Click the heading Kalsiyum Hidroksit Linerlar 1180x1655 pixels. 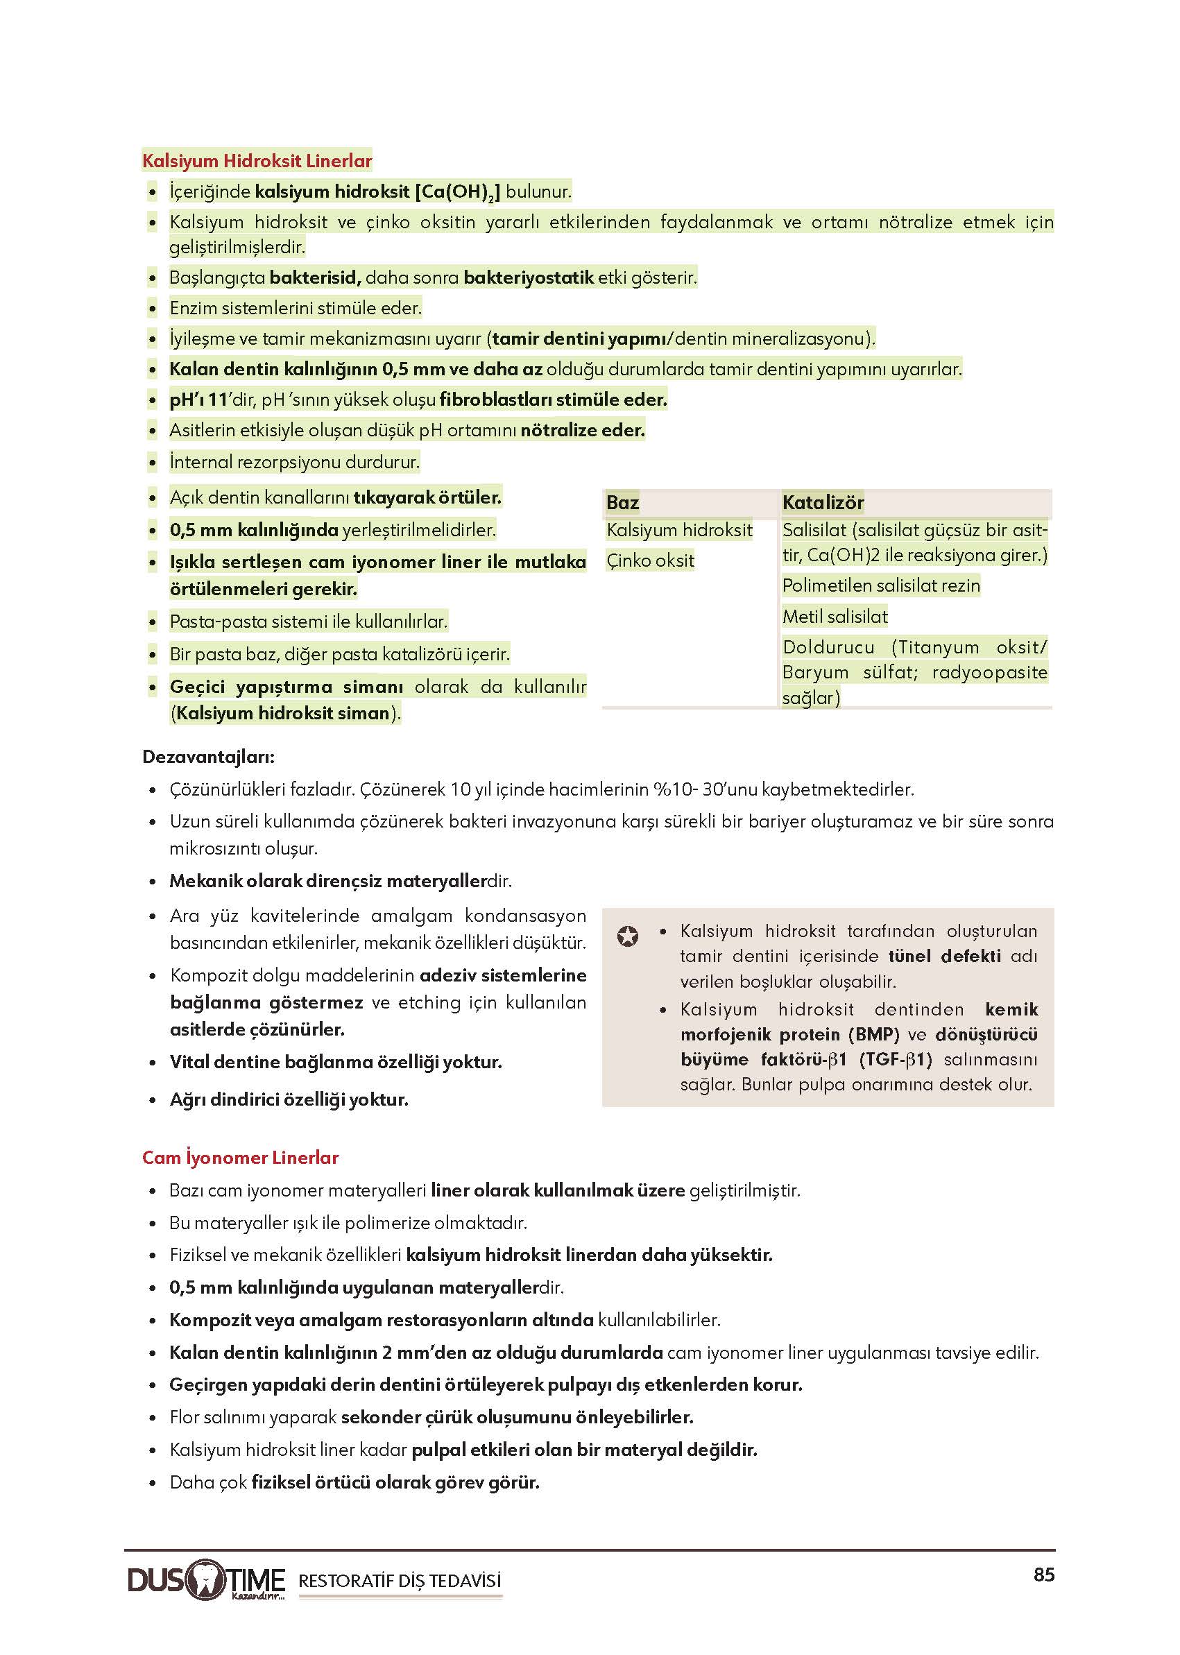[x=257, y=160]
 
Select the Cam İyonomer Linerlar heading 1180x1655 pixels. [x=241, y=1158]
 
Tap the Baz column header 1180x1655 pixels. [x=623, y=502]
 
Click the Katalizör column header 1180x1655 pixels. [x=823, y=502]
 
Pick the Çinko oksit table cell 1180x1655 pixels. [x=650, y=560]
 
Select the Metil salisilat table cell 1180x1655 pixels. [x=835, y=617]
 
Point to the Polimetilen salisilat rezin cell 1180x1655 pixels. [x=880, y=585]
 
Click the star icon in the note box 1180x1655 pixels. [x=628, y=936]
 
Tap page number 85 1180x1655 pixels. [x=1043, y=1575]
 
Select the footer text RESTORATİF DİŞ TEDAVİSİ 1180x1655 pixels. [x=400, y=1581]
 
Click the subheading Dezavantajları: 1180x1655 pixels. [x=208, y=756]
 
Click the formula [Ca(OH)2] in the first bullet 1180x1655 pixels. [x=457, y=192]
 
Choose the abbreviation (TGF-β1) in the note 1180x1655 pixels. [x=895, y=1059]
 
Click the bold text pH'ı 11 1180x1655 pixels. [x=198, y=400]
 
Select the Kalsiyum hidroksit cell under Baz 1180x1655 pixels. [x=679, y=531]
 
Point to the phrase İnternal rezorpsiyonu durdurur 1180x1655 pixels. [x=294, y=461]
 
